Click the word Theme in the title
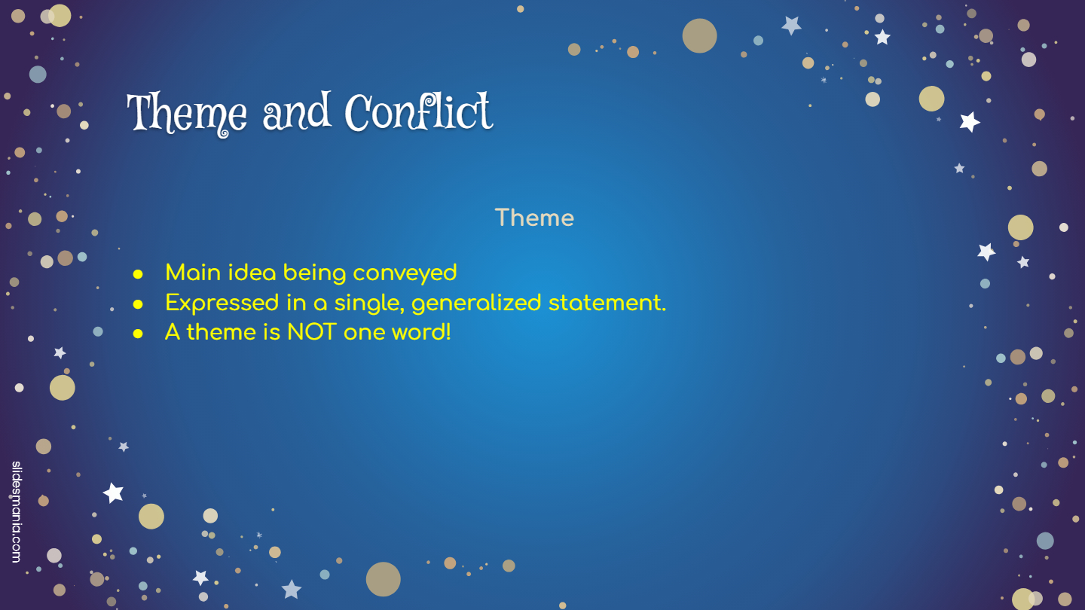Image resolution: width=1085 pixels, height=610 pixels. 187,113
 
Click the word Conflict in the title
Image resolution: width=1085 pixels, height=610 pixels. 419,111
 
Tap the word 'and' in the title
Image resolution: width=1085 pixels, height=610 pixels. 297,111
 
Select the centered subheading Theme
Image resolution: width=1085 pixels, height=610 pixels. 534,218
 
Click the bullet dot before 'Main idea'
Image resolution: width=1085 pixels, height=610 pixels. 138,274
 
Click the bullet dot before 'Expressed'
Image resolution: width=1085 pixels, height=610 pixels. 138,304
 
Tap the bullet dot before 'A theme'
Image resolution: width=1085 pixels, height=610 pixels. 138,334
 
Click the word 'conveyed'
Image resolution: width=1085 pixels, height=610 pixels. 405,273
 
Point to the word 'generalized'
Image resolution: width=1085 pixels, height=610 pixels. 476,303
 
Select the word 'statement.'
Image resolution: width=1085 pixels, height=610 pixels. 607,303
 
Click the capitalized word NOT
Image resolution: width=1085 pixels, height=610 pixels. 311,333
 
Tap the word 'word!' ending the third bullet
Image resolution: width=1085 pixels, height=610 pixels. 421,332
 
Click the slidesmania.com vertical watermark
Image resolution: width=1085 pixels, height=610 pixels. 17,512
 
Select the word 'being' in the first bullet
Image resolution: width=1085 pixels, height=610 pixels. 314,273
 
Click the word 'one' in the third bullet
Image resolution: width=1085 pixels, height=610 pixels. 364,333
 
